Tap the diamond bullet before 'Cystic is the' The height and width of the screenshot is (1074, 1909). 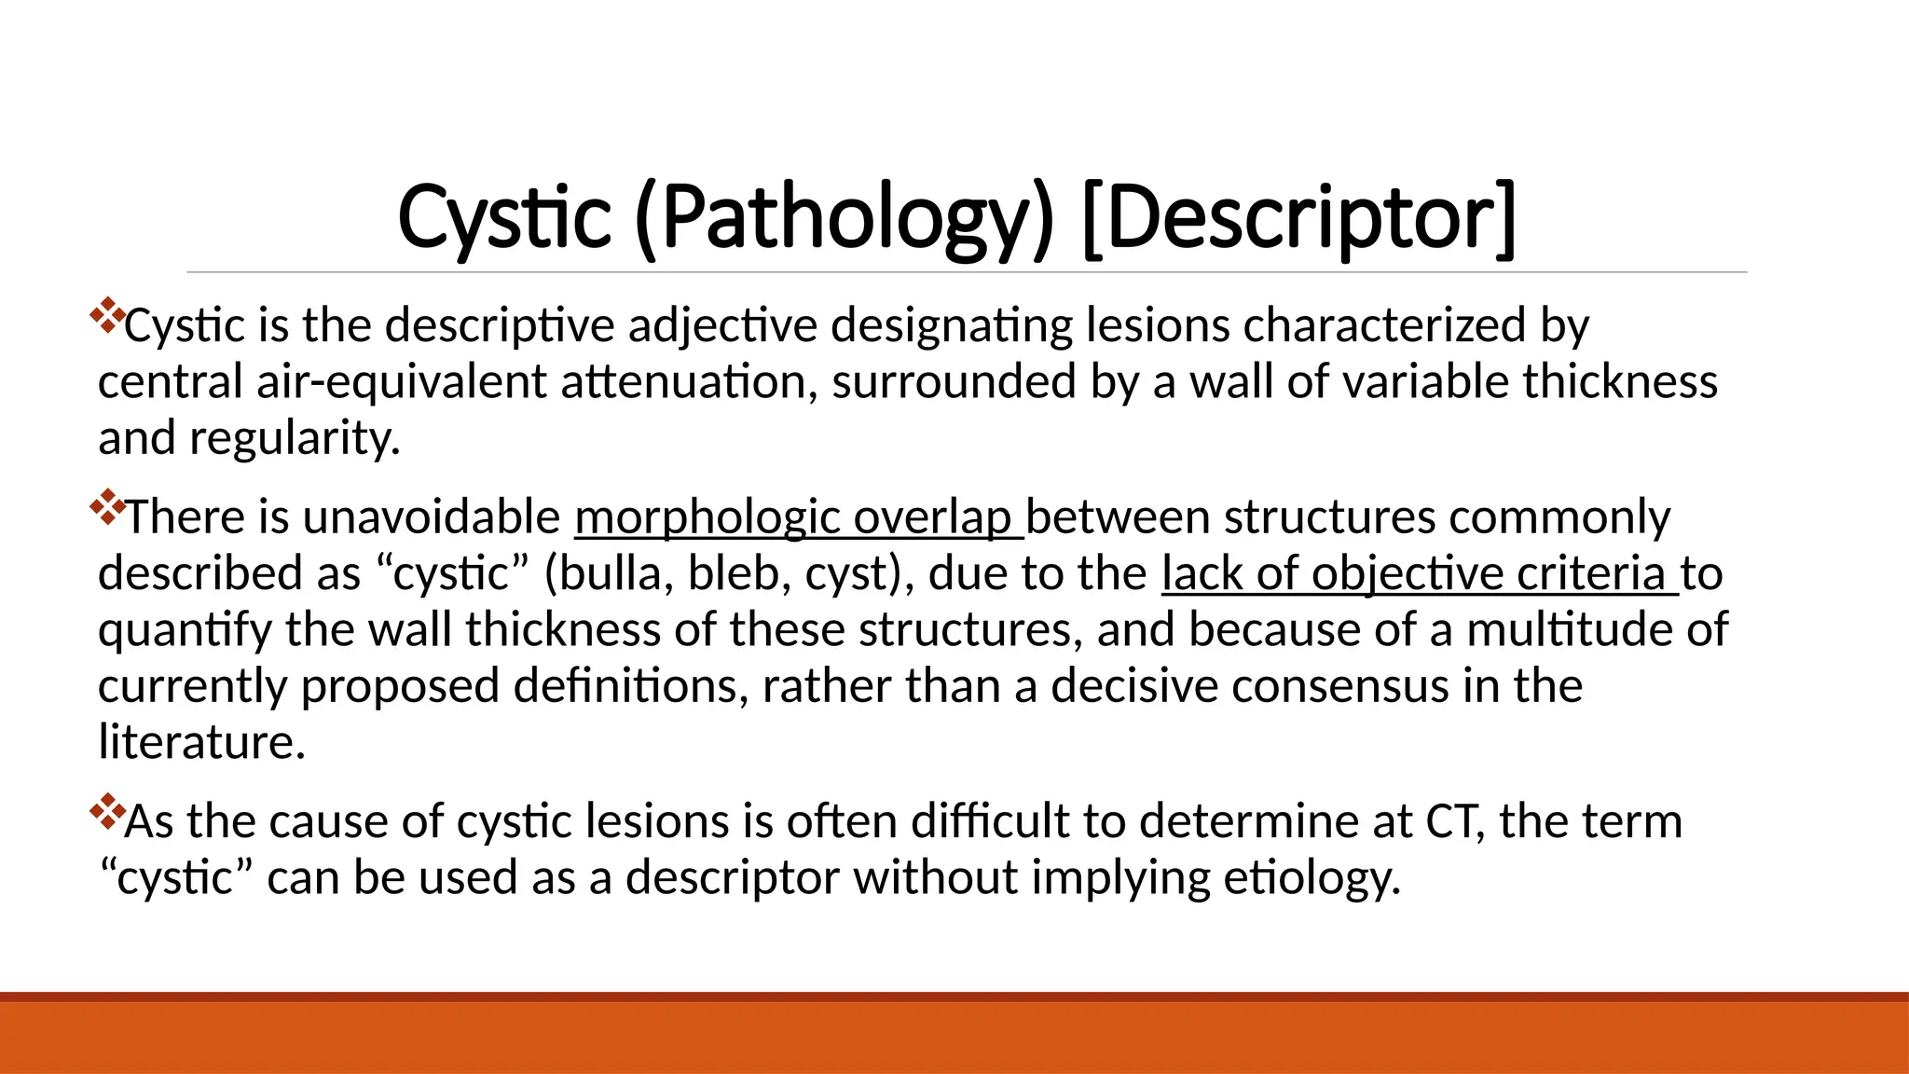108,316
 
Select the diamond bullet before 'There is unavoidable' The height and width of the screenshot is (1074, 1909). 108,507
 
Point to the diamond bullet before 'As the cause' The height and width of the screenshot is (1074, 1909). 108,812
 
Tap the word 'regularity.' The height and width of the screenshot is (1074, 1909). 295,438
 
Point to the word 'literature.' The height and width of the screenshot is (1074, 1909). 202,743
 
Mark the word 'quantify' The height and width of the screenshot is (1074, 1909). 185,631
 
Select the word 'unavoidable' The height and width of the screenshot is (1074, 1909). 432,517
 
